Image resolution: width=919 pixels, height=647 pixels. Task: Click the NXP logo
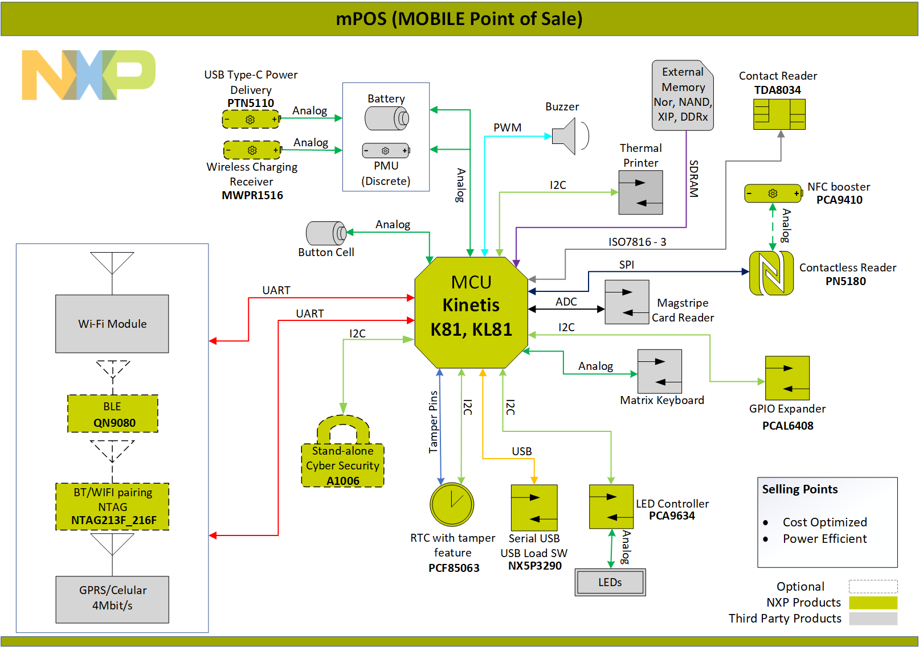tap(88, 75)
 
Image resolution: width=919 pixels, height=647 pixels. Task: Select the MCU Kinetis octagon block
tap(471, 312)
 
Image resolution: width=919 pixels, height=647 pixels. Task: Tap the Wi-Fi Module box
tap(112, 324)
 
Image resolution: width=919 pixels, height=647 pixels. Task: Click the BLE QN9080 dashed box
tap(113, 414)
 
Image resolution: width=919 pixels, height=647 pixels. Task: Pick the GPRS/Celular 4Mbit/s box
tap(112, 599)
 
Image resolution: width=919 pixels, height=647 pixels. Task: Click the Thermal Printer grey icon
tap(640, 192)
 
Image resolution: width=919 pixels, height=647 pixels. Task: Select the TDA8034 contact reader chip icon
tap(779, 114)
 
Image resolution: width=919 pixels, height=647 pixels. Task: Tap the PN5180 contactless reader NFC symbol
tap(771, 273)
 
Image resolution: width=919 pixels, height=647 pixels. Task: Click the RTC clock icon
tap(452, 504)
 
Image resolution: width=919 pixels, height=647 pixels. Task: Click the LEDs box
tap(610, 582)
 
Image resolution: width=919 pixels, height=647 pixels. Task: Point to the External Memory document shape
tap(683, 95)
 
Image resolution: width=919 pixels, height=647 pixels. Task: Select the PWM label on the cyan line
tap(507, 127)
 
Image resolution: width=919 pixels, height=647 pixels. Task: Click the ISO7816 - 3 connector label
tap(637, 242)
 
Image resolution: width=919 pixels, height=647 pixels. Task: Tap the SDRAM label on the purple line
tap(693, 179)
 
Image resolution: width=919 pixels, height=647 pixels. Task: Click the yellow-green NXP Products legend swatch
tap(873, 603)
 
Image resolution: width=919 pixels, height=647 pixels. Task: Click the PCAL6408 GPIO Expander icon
tap(787, 378)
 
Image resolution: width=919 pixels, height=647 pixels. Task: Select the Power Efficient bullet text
tap(824, 538)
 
